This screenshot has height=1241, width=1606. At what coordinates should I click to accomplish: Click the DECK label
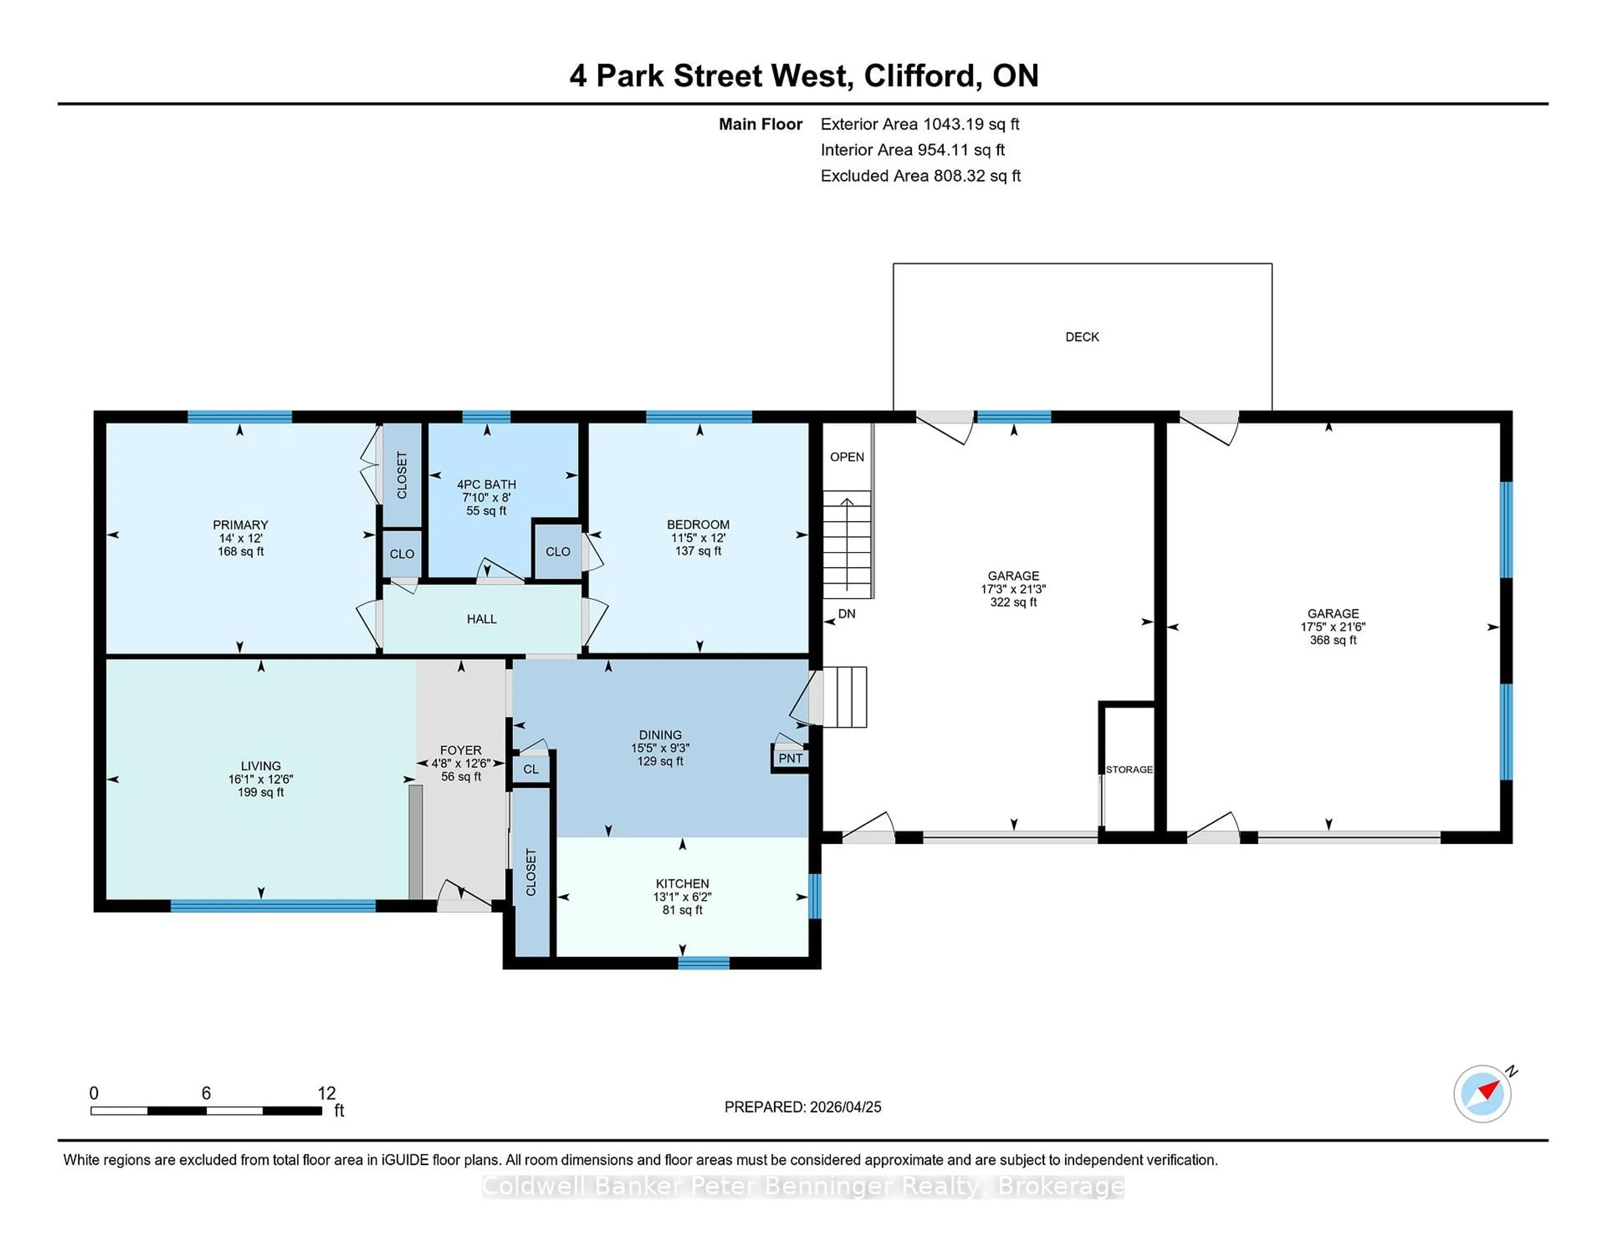click(x=1082, y=337)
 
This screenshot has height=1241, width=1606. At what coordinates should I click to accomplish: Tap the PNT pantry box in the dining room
click(x=790, y=758)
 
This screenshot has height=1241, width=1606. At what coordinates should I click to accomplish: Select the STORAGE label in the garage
click(x=1129, y=769)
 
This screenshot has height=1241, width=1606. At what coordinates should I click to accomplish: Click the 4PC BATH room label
click(x=486, y=485)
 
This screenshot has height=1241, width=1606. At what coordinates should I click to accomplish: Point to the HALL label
click(x=482, y=619)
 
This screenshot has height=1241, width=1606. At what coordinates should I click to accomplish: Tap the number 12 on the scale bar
click(x=327, y=1093)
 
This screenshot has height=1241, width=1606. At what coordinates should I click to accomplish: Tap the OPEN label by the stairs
click(x=846, y=457)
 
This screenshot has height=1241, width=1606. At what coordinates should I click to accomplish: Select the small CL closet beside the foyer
click(x=531, y=769)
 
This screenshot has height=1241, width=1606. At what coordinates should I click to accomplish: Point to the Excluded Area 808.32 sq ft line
click(x=920, y=176)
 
